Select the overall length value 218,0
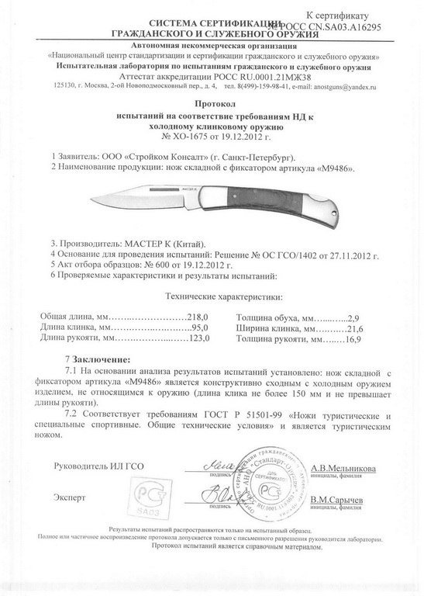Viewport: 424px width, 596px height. point(201,317)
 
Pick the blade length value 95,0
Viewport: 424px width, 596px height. point(203,328)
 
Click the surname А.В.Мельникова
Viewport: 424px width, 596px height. point(343,469)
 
